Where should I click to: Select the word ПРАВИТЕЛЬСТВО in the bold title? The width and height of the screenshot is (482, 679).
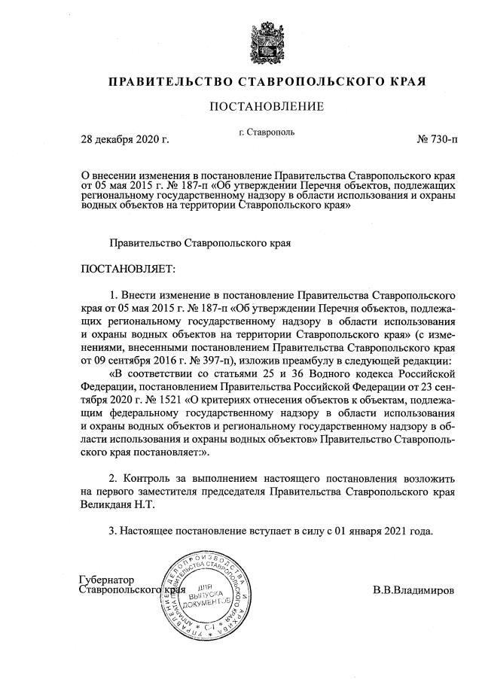(169, 81)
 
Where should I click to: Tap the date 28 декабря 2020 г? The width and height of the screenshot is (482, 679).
(125, 139)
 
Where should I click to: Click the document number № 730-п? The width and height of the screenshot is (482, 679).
(436, 139)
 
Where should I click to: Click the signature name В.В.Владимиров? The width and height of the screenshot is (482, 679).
(413, 590)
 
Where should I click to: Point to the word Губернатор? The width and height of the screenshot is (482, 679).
(106, 580)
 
